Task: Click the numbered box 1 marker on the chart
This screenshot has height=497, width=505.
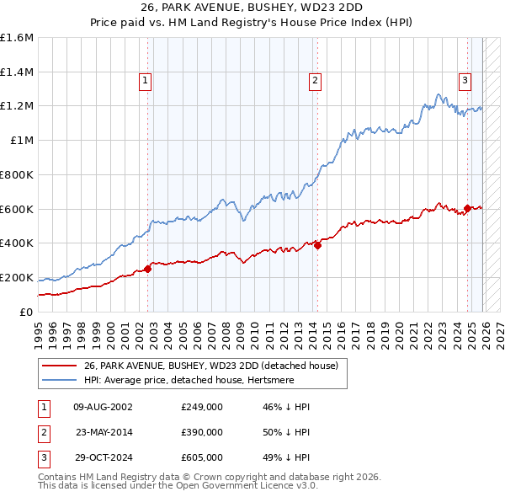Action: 146,81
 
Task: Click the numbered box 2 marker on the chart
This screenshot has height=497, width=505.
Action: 315,81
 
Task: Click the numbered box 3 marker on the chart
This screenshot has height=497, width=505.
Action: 465,81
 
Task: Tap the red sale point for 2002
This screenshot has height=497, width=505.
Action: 147,269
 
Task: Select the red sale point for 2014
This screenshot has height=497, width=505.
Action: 317,245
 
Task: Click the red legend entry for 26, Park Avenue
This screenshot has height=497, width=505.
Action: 210,366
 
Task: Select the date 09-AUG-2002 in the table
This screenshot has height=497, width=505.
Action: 103,407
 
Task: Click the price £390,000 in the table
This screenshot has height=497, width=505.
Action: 202,432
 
